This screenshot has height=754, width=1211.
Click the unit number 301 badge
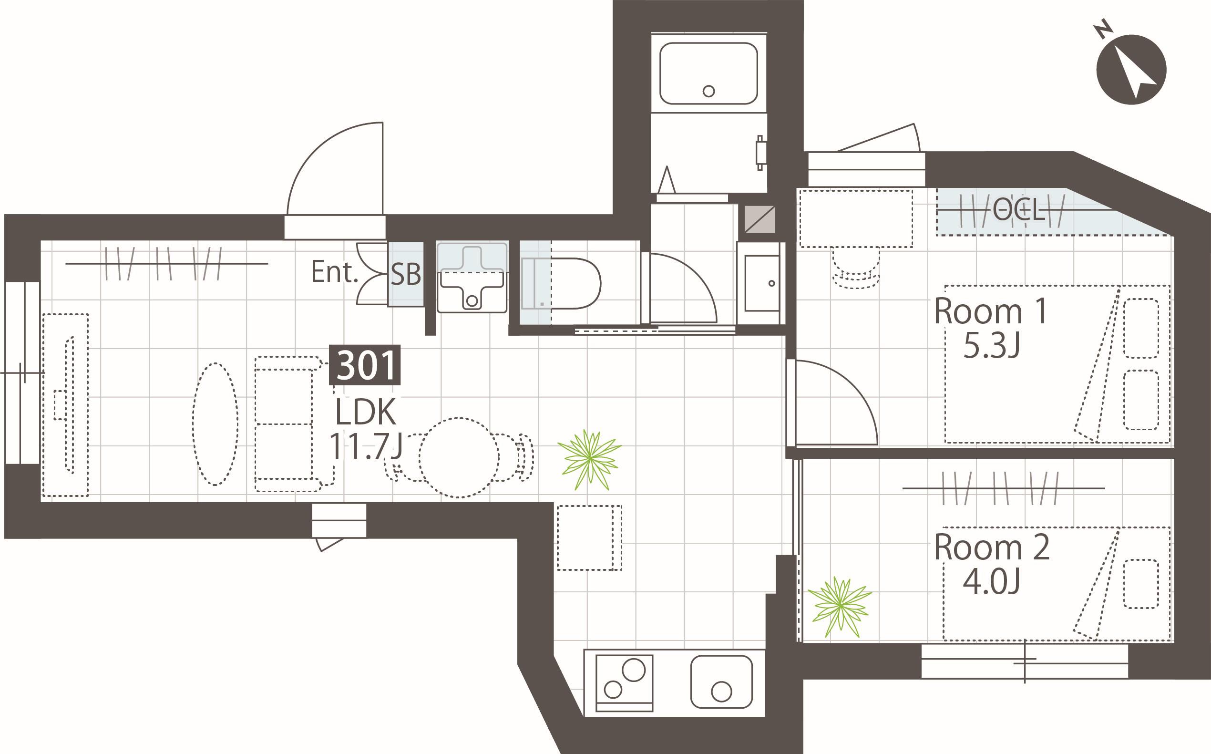(365, 364)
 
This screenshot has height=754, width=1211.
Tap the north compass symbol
(1131, 69)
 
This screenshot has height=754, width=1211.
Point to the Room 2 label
(991, 547)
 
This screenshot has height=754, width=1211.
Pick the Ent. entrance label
(335, 272)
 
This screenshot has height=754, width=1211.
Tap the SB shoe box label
(405, 274)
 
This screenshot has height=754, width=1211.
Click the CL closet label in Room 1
(1018, 210)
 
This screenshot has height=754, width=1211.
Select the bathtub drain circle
(708, 91)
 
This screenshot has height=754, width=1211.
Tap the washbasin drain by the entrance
(472, 301)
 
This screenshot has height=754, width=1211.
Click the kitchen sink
(721, 682)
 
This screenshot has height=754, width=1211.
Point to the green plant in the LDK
(589, 459)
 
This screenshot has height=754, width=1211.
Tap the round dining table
(458, 458)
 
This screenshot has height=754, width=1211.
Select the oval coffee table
(216, 424)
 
